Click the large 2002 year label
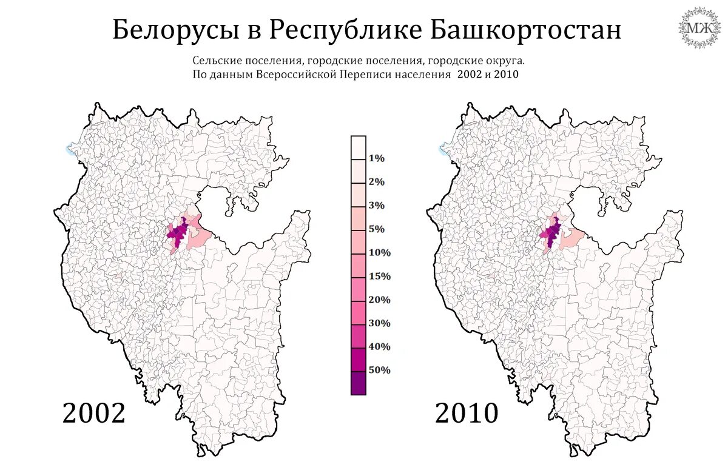(x=94, y=414)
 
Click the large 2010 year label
(x=467, y=414)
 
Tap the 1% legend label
(x=376, y=159)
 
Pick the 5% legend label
(x=376, y=229)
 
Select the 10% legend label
(x=379, y=253)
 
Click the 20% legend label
(x=379, y=300)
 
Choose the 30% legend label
(x=379, y=324)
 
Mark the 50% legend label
(x=379, y=371)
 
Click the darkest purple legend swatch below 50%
(x=359, y=383)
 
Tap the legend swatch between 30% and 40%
(x=359, y=336)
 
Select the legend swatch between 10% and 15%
(x=359, y=265)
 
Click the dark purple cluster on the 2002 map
(x=177, y=233)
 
